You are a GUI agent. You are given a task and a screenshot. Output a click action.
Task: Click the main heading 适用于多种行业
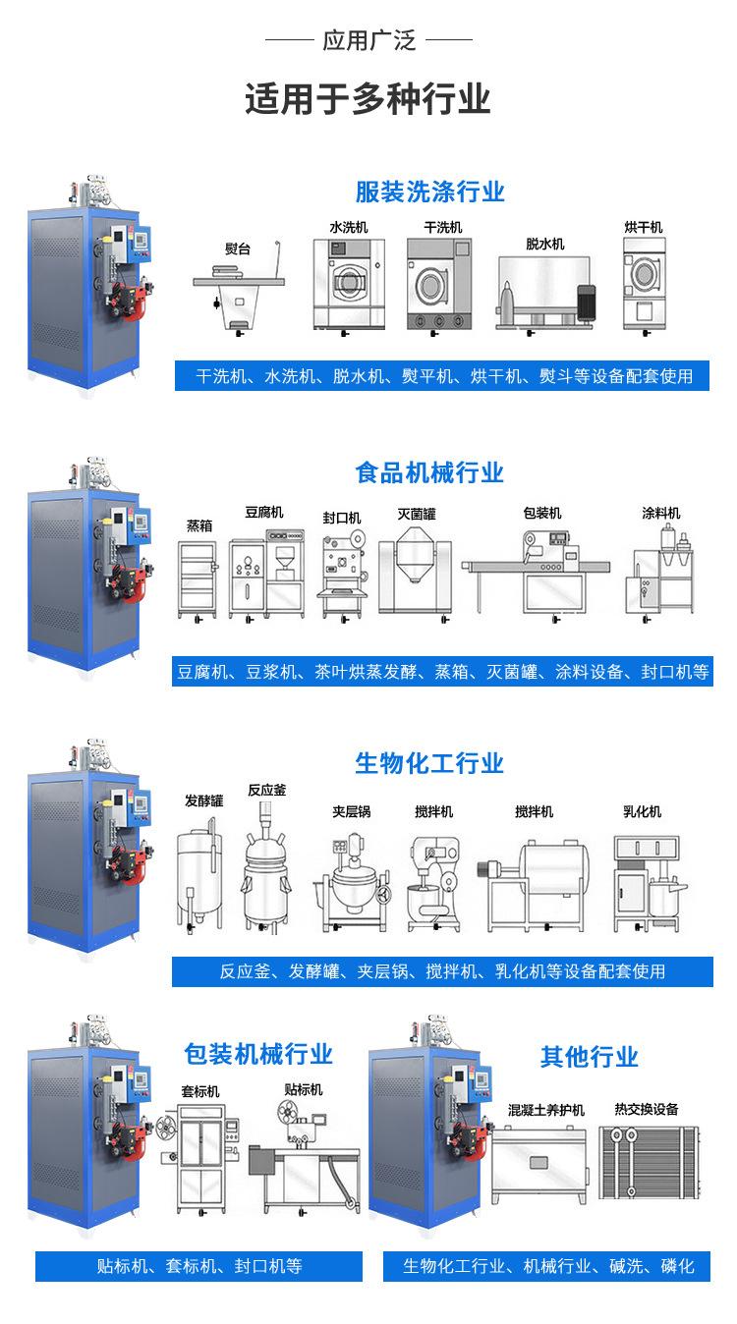pos(368,100)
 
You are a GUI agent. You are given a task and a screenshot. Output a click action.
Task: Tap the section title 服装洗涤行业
pos(429,191)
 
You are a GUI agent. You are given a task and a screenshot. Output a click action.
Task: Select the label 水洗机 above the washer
pos(348,227)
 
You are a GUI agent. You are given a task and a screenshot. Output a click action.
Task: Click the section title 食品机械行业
pos(429,473)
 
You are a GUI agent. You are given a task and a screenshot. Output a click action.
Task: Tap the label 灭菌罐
pos(417,514)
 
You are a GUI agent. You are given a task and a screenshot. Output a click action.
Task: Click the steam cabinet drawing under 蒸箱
pos(198,579)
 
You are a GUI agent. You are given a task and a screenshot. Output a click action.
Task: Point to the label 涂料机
pos(661,514)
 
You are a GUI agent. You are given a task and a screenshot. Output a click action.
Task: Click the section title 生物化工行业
pos(429,763)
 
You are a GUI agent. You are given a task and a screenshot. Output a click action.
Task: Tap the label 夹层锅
pos(351,812)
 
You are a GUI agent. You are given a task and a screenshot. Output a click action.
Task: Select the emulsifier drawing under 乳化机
pos(645,878)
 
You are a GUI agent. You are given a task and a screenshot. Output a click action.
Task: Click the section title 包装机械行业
pos(258,1055)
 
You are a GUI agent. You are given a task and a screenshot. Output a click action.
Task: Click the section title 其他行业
pos(589,1057)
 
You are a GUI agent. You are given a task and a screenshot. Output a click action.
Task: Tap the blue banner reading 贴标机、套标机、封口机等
pos(199,1266)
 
